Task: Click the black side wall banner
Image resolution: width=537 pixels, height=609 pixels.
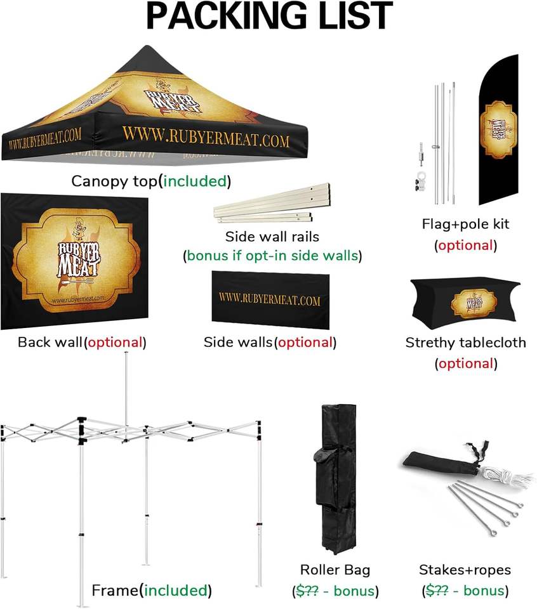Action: [269, 299]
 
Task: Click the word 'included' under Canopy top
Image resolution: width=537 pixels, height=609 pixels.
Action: [195, 181]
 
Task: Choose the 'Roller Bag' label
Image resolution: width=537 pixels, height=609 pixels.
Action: [335, 570]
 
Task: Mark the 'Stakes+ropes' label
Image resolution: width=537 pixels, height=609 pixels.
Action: [465, 570]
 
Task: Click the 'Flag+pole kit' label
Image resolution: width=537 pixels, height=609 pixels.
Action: [465, 224]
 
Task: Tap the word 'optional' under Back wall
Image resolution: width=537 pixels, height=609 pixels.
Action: [115, 343]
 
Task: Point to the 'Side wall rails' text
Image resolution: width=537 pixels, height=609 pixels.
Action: [272, 237]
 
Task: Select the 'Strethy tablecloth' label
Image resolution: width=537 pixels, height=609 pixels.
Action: [465, 343]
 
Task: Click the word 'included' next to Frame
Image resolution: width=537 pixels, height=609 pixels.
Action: [175, 591]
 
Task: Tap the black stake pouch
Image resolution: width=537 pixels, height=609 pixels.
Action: [438, 462]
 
